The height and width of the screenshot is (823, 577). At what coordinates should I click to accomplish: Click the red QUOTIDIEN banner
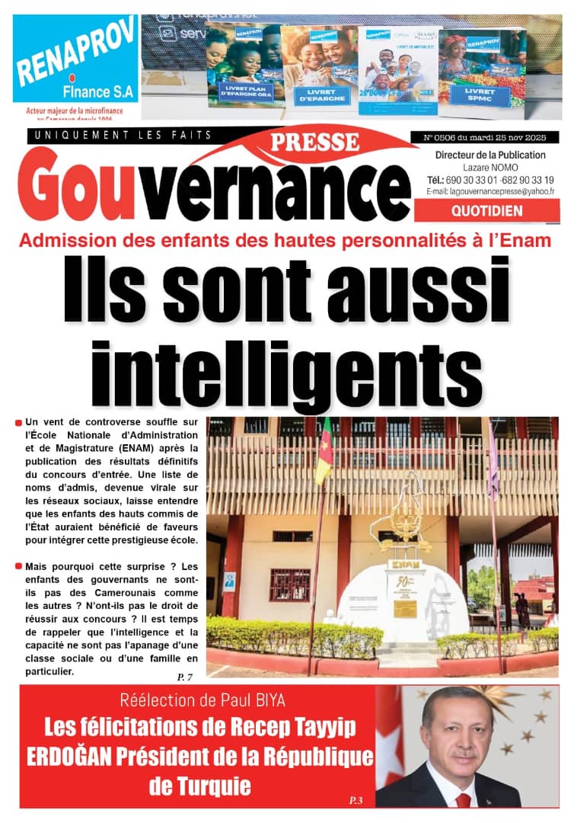click(x=486, y=210)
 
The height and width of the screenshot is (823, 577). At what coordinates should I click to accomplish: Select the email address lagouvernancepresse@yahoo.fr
click(x=490, y=192)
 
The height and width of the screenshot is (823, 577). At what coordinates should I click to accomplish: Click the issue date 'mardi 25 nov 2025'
click(x=511, y=138)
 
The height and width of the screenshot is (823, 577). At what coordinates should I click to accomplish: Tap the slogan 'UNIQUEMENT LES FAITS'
click(x=120, y=135)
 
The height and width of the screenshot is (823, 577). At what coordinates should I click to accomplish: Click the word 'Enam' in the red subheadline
click(x=527, y=242)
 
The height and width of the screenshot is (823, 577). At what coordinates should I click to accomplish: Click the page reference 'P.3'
click(x=356, y=799)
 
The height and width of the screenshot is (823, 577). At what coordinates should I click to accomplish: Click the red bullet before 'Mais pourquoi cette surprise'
click(x=18, y=566)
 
